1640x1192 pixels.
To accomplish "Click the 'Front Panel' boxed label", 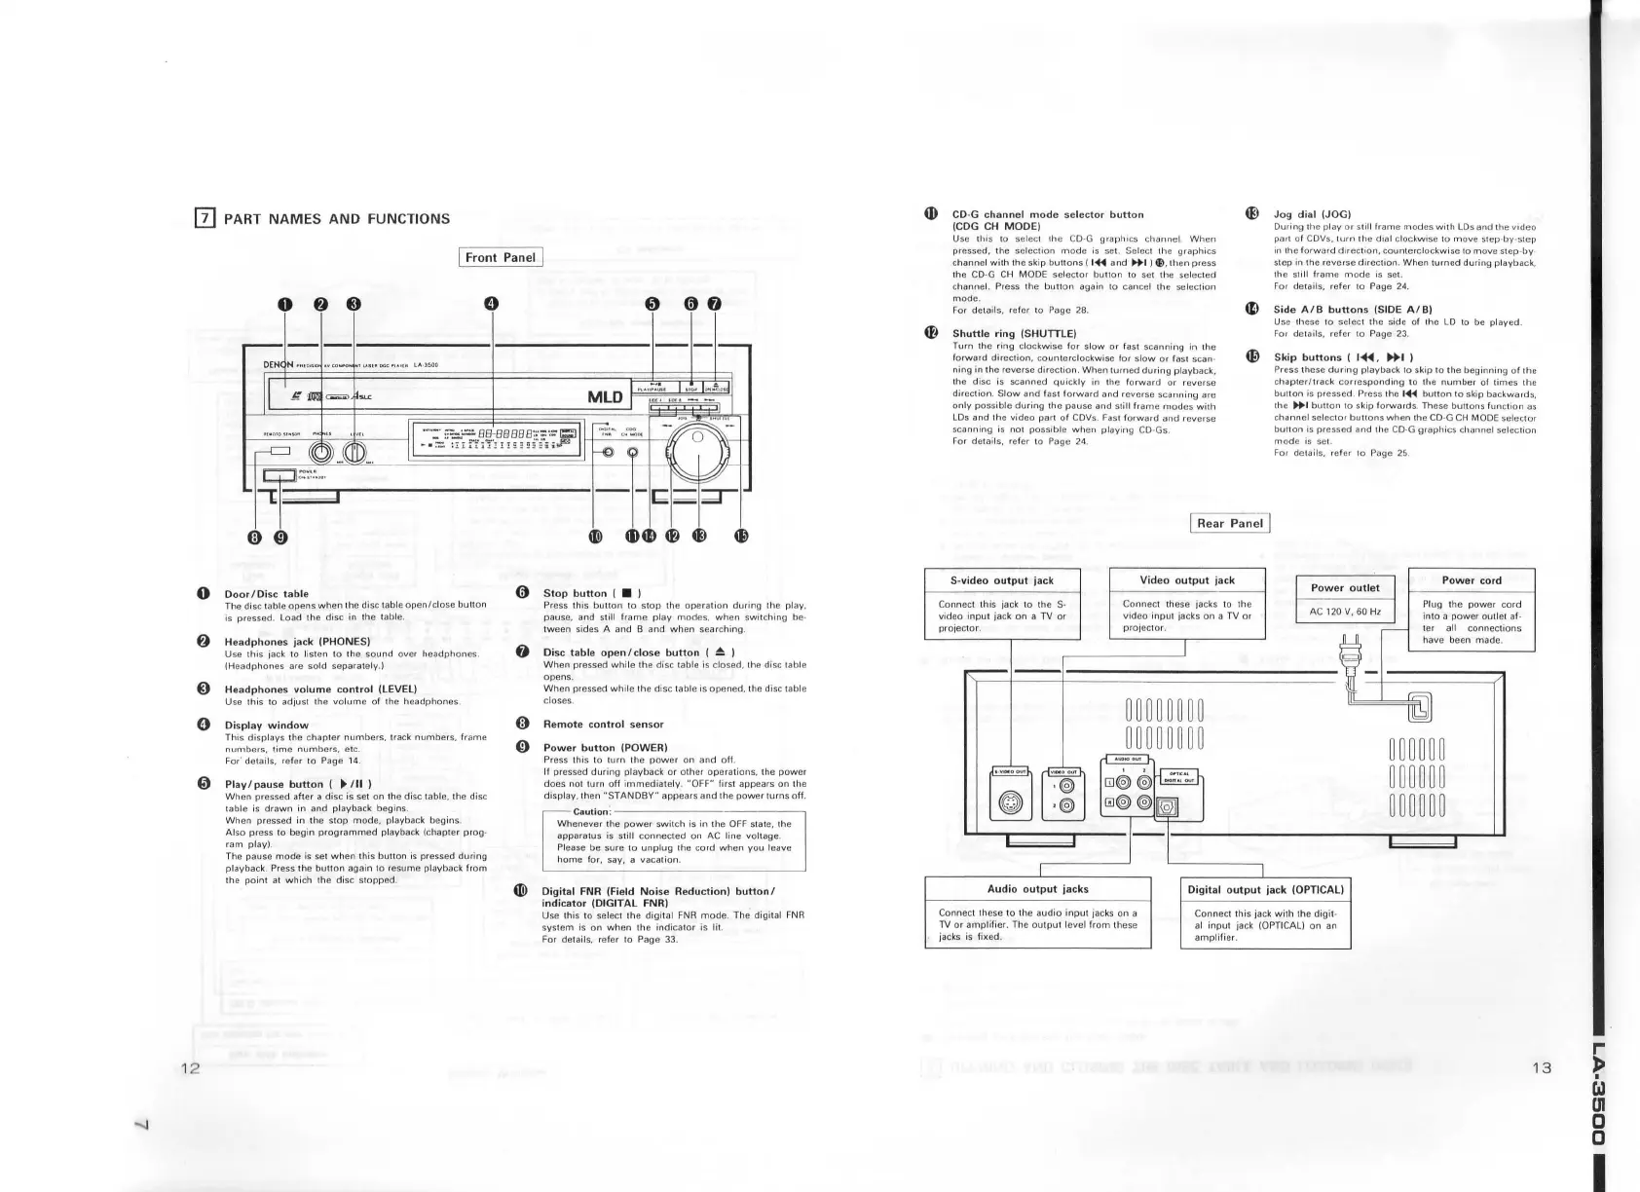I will click(501, 258).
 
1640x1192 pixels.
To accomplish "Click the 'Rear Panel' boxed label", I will click(1231, 524).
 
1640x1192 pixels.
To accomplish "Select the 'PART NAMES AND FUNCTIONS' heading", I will click(337, 219).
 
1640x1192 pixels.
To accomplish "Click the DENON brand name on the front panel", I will click(279, 365).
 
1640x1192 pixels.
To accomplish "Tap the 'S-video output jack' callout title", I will click(1002, 580).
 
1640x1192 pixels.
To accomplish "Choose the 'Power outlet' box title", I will click(1345, 588).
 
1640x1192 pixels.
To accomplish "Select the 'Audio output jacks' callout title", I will click(1037, 889).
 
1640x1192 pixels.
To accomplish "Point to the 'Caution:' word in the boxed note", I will click(591, 812).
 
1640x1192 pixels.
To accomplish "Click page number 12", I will click(190, 1068).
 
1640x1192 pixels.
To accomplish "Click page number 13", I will click(1541, 1068).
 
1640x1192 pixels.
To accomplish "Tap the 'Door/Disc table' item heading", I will click(266, 594).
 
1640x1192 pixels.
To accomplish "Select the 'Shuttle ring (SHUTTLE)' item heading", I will click(1014, 334).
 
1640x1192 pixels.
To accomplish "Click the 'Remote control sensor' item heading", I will click(603, 725).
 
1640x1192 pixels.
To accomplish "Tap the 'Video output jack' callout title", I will click(1187, 580).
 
